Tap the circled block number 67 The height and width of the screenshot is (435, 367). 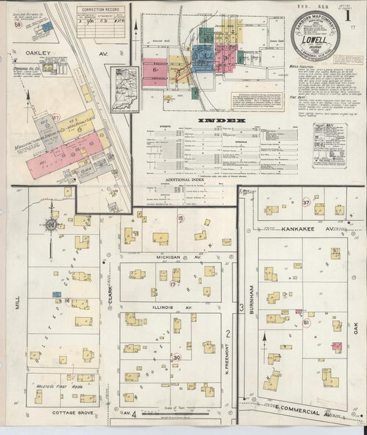click(56, 118)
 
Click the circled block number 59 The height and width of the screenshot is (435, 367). click(17, 25)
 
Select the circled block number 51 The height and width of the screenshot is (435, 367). click(306, 322)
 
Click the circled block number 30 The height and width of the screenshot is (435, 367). click(177, 357)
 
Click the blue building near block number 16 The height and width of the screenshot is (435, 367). click(56, 295)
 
